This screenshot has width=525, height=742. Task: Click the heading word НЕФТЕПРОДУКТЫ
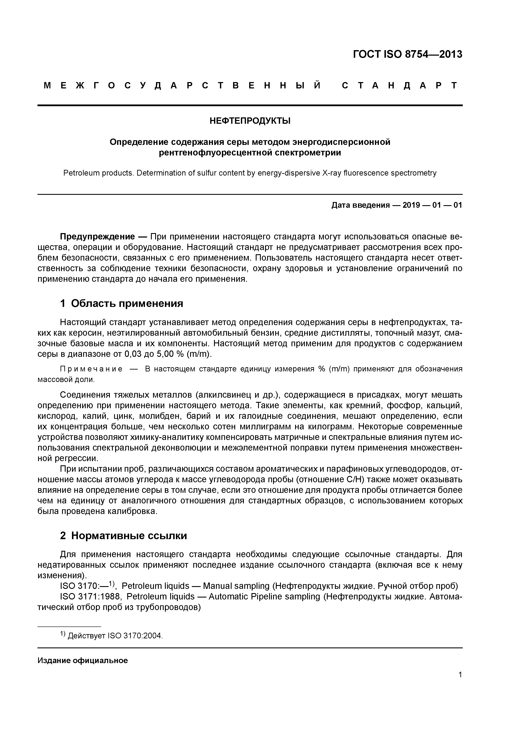pos(250,121)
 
